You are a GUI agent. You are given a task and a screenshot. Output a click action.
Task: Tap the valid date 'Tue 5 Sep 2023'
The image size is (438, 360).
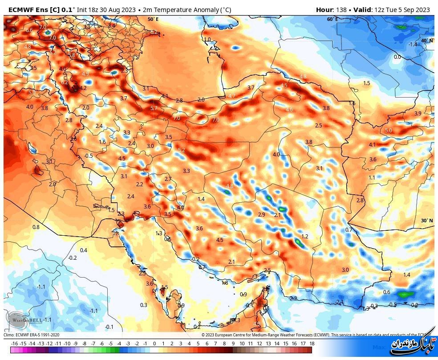point(410,9)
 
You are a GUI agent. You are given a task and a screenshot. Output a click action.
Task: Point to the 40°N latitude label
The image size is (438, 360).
point(426,41)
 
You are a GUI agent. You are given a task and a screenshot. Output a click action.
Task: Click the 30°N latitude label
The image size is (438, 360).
point(426,221)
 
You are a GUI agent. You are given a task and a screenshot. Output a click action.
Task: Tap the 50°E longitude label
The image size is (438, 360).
point(153,19)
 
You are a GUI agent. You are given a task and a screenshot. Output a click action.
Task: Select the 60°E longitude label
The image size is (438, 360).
point(332,19)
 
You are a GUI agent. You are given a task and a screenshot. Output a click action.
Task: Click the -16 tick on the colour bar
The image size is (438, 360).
point(14,344)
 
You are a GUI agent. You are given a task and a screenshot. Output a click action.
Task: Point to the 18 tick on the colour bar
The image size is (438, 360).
point(312,344)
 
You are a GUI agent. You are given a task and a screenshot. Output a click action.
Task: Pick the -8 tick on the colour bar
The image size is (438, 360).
point(84,344)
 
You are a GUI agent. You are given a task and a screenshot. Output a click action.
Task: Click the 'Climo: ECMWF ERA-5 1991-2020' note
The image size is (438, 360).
point(31,335)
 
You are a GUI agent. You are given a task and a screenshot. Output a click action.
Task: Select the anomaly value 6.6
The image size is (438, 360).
point(29,30)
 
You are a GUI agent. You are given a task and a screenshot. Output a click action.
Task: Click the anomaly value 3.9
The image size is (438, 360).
point(418,114)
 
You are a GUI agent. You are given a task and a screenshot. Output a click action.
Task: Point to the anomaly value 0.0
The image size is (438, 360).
point(397,57)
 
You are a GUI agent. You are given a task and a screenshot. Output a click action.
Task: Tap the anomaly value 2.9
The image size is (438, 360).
point(262,215)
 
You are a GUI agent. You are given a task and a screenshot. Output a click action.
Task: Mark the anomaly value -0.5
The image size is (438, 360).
point(89,155)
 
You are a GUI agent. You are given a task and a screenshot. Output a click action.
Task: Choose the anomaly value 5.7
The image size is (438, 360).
point(154,108)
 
